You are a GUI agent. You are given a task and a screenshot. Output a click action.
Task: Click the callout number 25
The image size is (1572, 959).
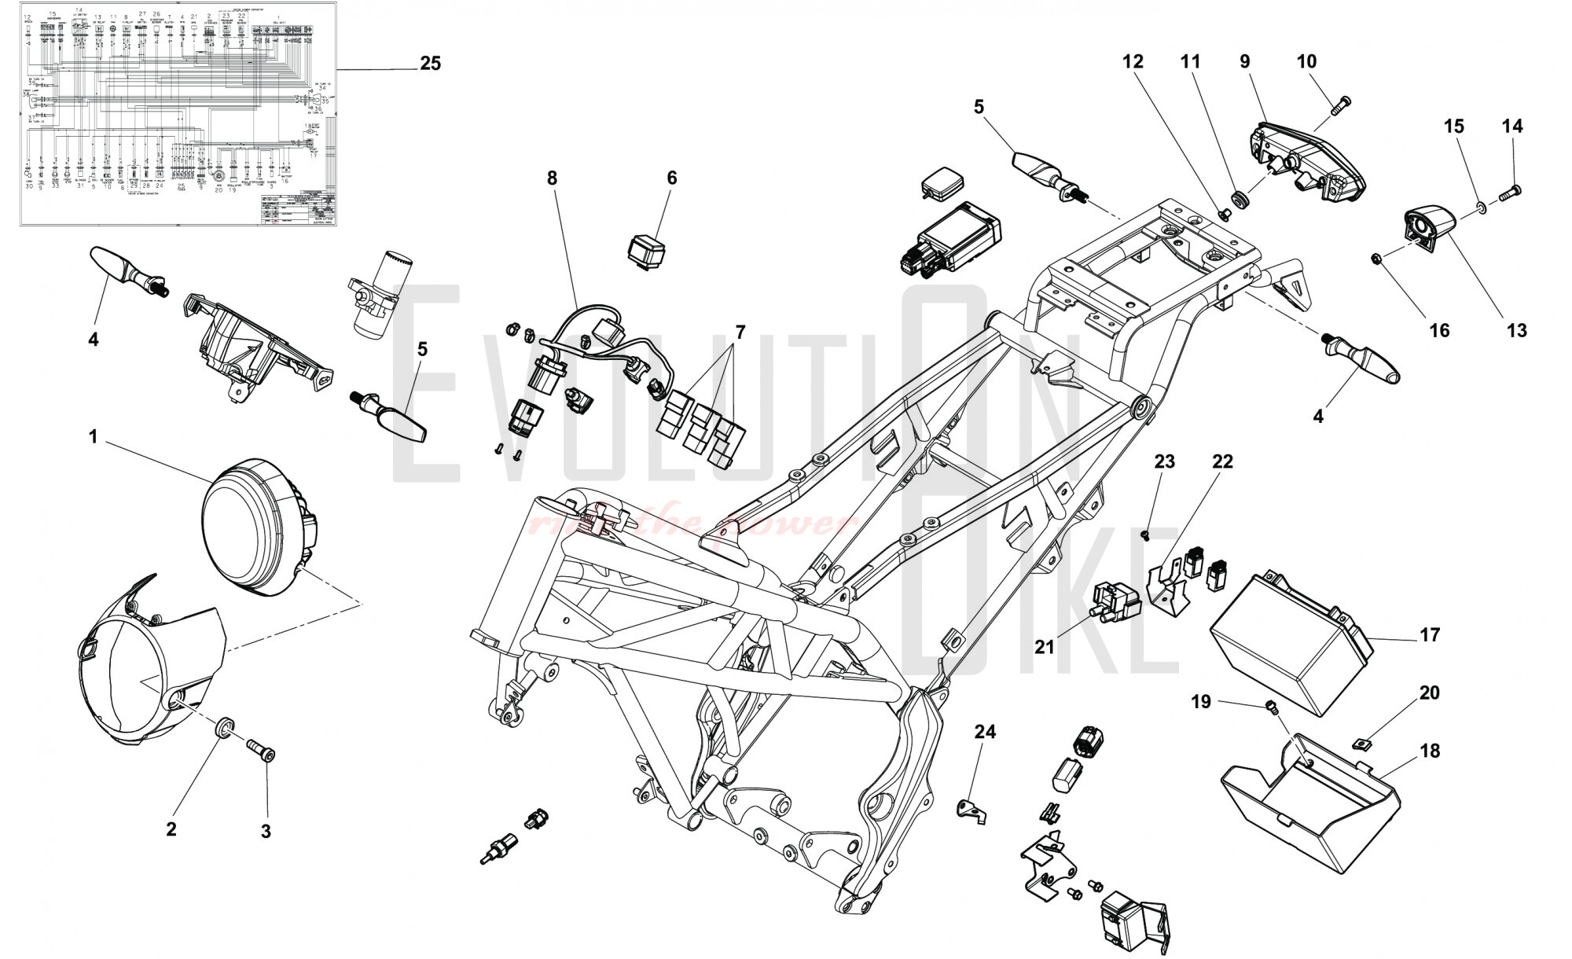pos(430,63)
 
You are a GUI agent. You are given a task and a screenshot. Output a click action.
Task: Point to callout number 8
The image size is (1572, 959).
pos(552,178)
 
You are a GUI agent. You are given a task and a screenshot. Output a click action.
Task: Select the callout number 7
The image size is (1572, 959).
pos(739,332)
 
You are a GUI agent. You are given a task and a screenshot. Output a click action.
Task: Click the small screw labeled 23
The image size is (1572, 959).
pos(1144,534)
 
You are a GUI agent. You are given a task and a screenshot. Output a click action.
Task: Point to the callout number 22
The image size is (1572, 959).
pos(1222,461)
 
